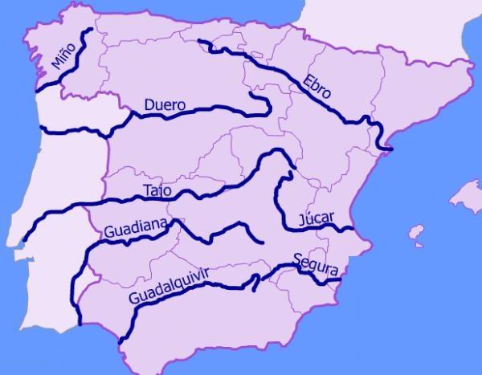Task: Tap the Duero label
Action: (x=165, y=105)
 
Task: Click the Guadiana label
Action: (x=134, y=231)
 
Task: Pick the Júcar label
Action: (x=315, y=218)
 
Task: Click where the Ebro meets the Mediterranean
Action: (x=388, y=149)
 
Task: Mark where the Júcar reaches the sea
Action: (x=353, y=229)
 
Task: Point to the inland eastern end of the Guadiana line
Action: (x=263, y=240)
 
